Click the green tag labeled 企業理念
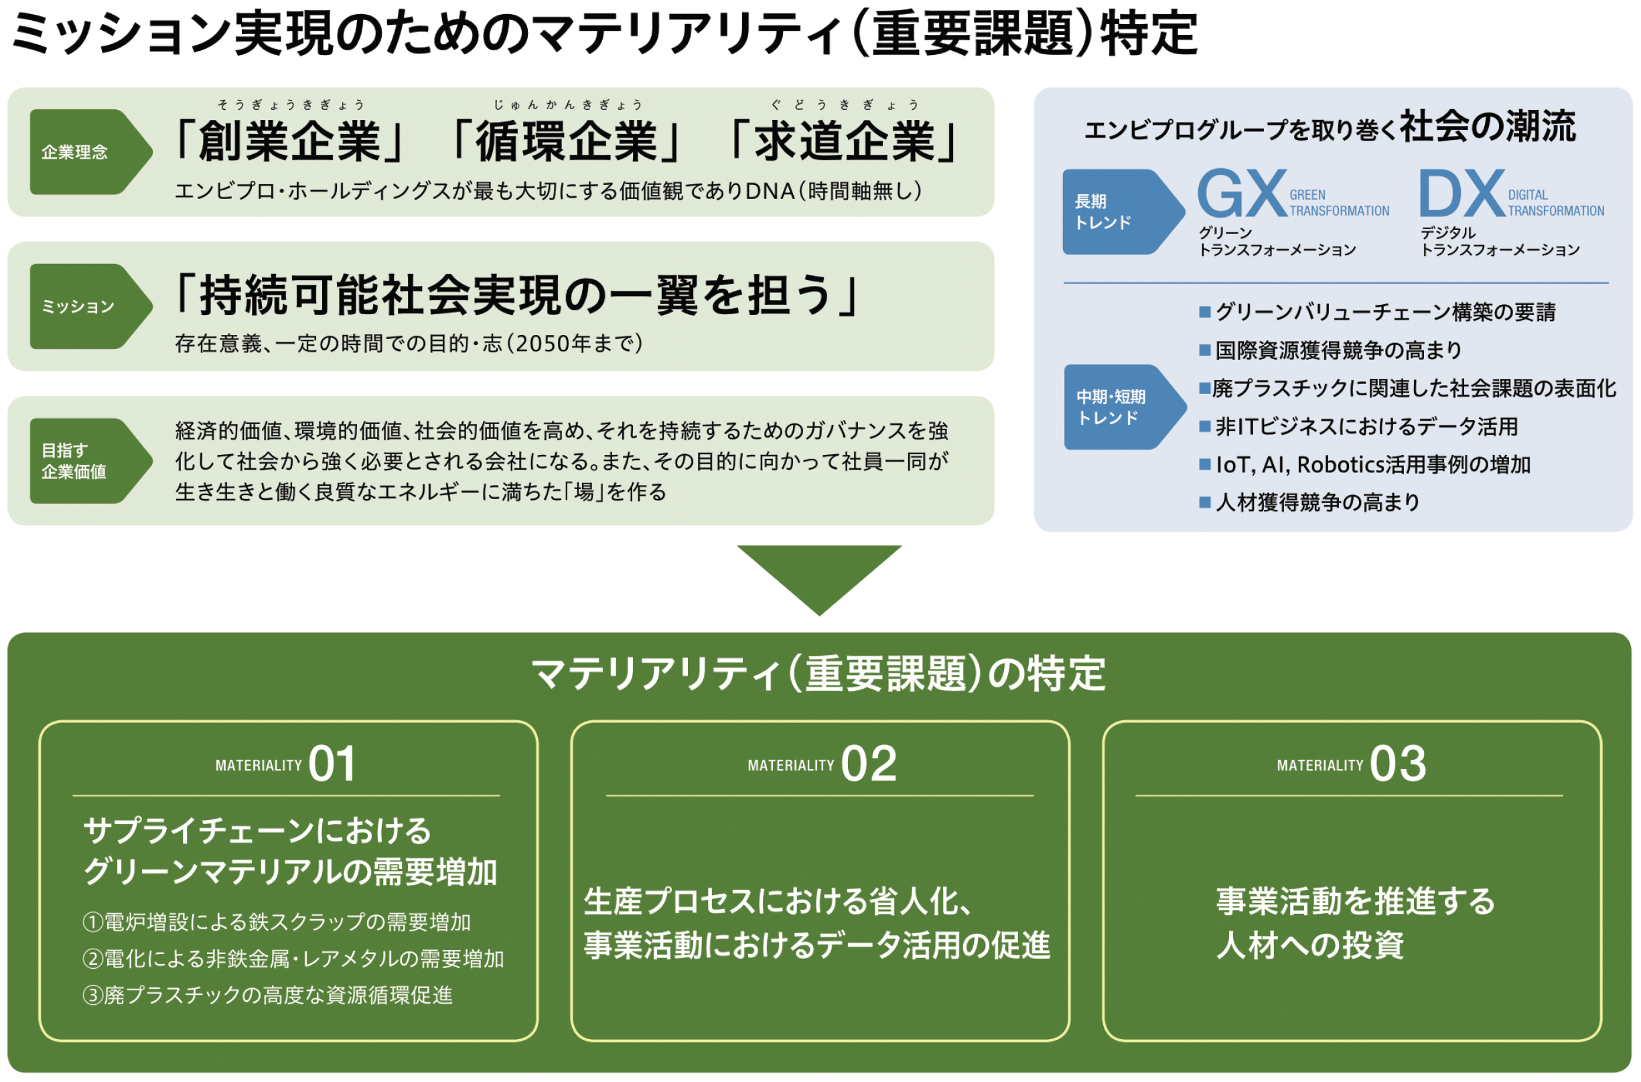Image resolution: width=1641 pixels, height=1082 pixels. [x=90, y=152]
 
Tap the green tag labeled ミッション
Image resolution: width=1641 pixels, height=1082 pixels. [x=90, y=306]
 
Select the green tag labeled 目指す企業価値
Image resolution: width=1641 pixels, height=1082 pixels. [x=90, y=461]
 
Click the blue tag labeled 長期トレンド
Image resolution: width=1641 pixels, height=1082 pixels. [x=1123, y=212]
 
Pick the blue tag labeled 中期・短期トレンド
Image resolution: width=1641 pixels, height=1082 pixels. [x=1125, y=407]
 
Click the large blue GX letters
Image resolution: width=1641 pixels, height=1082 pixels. [x=1242, y=194]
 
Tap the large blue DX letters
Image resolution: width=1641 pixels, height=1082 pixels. [x=1461, y=194]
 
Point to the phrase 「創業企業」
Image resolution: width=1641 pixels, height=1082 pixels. [x=290, y=141]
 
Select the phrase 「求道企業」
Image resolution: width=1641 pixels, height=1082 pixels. [x=843, y=141]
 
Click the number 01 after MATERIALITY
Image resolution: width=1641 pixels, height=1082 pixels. [x=332, y=764]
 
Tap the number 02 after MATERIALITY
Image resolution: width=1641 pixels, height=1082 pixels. [x=869, y=764]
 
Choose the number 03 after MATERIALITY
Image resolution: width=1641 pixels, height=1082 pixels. [x=1397, y=764]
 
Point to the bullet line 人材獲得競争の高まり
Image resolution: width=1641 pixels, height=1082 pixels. [x=1310, y=502]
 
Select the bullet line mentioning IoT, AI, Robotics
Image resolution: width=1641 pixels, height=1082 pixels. [x=1365, y=464]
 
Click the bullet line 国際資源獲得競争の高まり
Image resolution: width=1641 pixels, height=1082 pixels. [x=1331, y=350]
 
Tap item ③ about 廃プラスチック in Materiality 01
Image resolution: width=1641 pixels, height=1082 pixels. [x=268, y=995]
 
